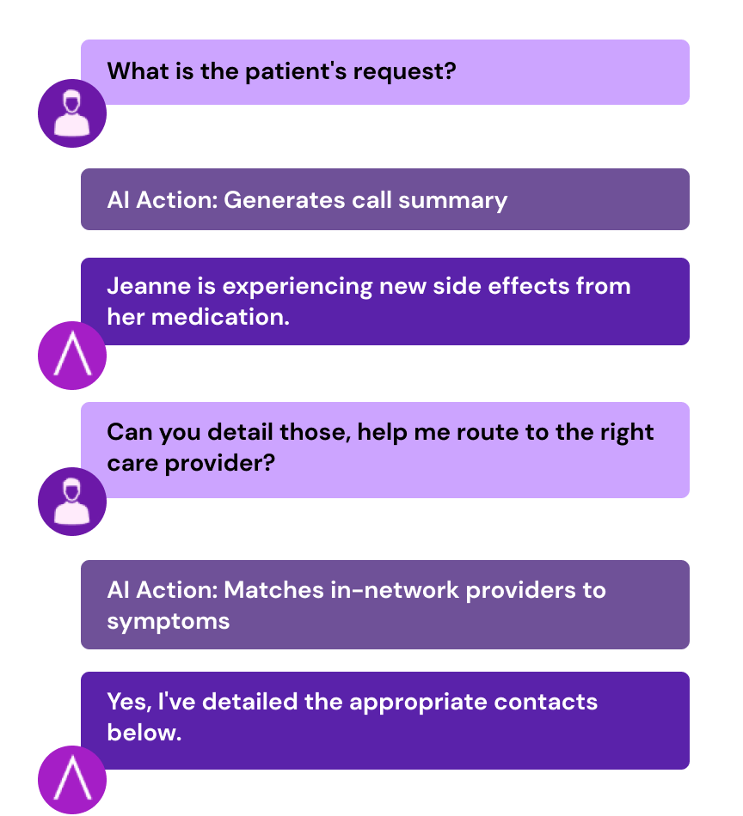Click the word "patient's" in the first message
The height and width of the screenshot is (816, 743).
click(x=296, y=72)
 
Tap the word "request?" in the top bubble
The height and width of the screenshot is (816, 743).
click(x=404, y=72)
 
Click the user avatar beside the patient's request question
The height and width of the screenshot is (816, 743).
click(x=72, y=113)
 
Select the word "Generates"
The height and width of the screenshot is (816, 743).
click(x=285, y=200)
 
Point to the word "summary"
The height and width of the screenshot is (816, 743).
click(x=453, y=201)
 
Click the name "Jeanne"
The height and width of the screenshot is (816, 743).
click(x=149, y=286)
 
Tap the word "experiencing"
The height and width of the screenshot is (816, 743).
click(x=298, y=287)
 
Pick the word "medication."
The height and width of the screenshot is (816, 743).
click(x=220, y=317)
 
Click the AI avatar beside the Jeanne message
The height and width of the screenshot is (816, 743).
click(x=72, y=356)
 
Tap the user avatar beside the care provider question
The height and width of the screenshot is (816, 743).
click(x=72, y=502)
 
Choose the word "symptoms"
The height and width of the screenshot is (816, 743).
click(x=169, y=622)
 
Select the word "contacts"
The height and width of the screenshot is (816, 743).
click(x=545, y=702)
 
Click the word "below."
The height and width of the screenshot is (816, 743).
click(x=144, y=733)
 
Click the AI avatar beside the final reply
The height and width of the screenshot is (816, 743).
click(x=72, y=780)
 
